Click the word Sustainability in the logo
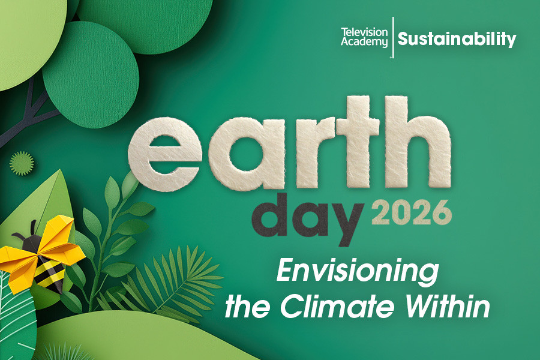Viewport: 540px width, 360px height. tap(457, 40)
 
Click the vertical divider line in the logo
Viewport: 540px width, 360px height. tap(392, 37)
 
